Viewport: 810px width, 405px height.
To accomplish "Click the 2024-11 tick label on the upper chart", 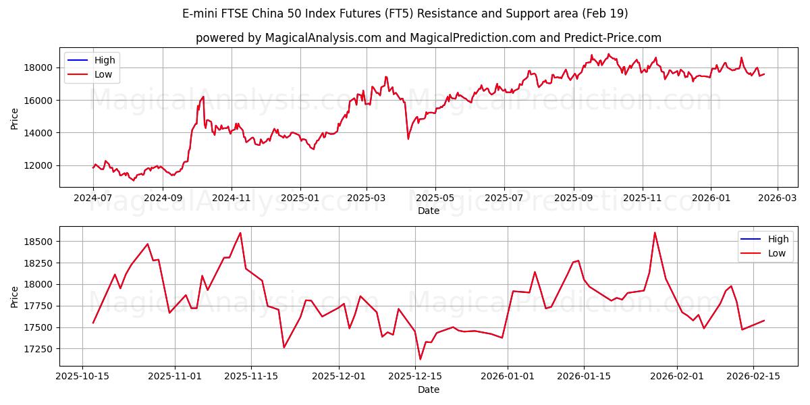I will point(232,198).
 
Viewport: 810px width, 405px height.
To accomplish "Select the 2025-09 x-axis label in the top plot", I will point(573,198).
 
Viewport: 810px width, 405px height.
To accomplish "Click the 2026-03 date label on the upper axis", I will point(778,198).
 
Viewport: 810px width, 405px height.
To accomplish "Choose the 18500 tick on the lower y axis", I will point(39,242).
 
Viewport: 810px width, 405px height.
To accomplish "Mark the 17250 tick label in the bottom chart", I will point(39,349).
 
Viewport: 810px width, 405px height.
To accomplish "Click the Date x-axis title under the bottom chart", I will point(429,389).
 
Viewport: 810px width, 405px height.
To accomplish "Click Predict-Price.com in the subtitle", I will point(611,38).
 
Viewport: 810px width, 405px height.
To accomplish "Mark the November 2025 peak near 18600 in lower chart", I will point(240,233).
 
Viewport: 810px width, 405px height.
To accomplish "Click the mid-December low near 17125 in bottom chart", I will point(420,359).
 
